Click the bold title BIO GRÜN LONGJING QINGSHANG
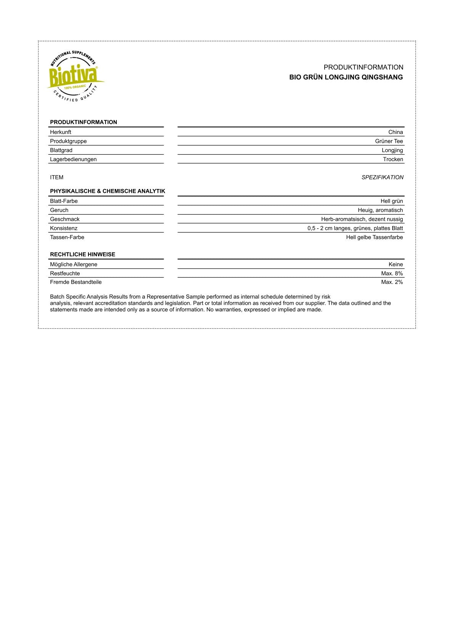[x=346, y=77]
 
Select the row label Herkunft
[x=61, y=132]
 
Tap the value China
[x=396, y=132]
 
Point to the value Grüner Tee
[x=389, y=141]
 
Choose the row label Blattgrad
[x=61, y=150]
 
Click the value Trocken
[x=393, y=159]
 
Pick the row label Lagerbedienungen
[x=73, y=159]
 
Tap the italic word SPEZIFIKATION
[x=382, y=177]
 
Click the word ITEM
[x=57, y=177]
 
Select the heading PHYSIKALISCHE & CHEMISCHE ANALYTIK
[x=108, y=191]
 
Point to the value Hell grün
[x=391, y=201]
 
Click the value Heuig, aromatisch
[x=380, y=210]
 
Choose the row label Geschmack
[x=65, y=219]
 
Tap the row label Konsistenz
[x=64, y=228]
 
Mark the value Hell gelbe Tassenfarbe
[x=374, y=237]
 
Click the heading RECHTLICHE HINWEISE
[x=82, y=254]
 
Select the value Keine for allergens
[x=396, y=264]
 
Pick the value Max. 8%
[x=392, y=273]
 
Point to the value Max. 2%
[x=392, y=282]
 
